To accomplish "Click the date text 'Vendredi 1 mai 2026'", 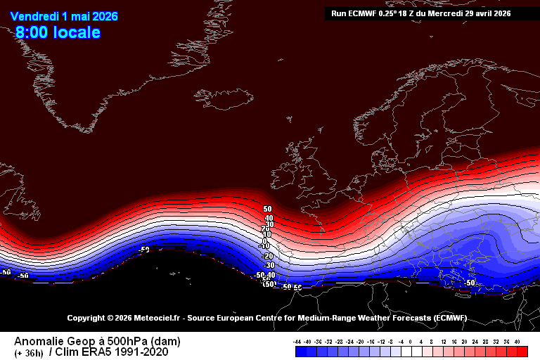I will (64, 16).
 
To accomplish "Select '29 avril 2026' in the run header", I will (488, 13).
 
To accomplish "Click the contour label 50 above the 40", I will (267, 210).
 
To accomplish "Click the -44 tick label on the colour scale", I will (298, 342).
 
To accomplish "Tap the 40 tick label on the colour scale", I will (517, 342).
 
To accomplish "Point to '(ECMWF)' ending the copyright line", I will (449, 319).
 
